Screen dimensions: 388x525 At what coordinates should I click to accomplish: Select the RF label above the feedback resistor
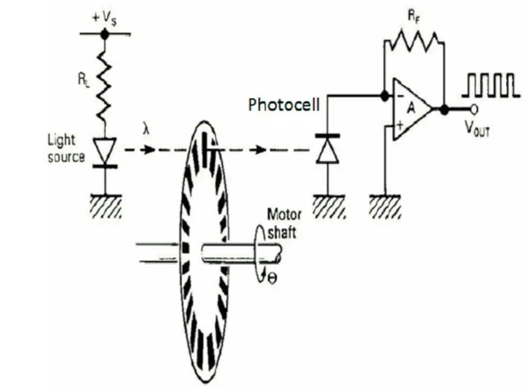click(413, 17)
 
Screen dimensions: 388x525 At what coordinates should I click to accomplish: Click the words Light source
click(66, 148)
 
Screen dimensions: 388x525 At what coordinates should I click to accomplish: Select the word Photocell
click(284, 104)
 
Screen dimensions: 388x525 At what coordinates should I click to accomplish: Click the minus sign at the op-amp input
click(400, 96)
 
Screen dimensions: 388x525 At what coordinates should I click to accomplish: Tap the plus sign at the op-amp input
click(400, 126)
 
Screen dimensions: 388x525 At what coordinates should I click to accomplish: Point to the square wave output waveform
click(488, 85)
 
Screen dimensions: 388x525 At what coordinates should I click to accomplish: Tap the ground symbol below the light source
click(105, 204)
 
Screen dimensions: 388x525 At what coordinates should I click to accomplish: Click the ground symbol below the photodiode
click(328, 205)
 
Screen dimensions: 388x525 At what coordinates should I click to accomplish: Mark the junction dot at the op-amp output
click(444, 110)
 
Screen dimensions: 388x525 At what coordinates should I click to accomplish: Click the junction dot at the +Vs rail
click(104, 34)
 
